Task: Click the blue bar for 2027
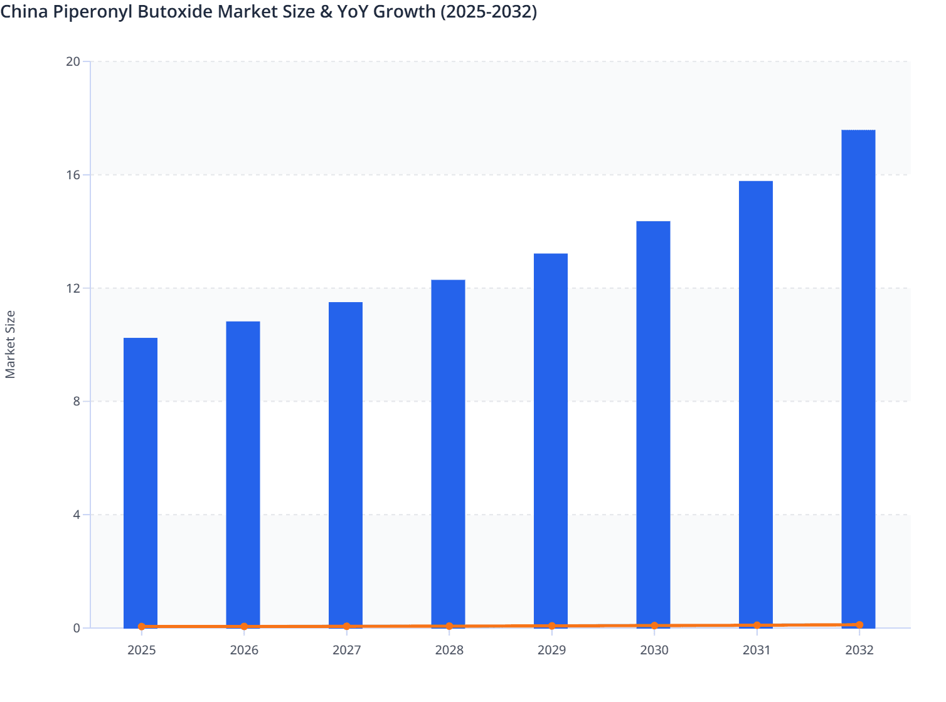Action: (x=346, y=464)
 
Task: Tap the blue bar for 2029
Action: (x=551, y=439)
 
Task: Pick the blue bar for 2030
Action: (x=653, y=423)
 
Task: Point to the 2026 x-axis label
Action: (x=244, y=650)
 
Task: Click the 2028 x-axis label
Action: (x=449, y=650)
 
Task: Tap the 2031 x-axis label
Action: (x=757, y=650)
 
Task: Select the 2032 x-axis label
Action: (x=859, y=650)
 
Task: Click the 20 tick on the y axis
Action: (x=73, y=61)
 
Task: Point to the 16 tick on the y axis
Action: (x=73, y=175)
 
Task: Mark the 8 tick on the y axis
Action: (x=77, y=401)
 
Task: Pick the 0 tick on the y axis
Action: (x=77, y=628)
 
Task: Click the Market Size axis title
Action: (x=11, y=344)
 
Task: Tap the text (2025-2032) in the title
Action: (x=489, y=12)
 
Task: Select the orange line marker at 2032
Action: (x=859, y=625)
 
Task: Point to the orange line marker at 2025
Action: (x=142, y=626)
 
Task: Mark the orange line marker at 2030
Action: (x=654, y=626)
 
